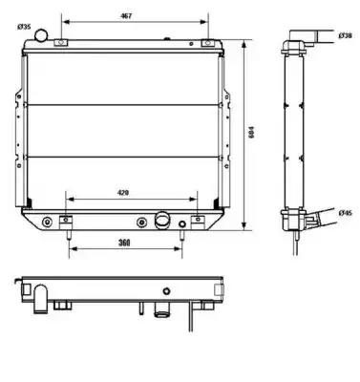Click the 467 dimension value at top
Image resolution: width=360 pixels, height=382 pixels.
[x=126, y=16]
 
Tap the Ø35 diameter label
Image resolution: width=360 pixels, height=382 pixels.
[x=24, y=27]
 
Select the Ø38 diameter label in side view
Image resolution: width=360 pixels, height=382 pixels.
[x=345, y=35]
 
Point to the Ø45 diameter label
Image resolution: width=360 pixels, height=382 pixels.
[x=345, y=213]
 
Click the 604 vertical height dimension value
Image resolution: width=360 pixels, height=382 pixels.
[x=251, y=133]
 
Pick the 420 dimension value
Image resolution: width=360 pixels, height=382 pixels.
[x=123, y=193]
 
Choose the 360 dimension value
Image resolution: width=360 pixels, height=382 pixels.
[x=124, y=243]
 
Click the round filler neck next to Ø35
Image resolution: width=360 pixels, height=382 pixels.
[x=41, y=34]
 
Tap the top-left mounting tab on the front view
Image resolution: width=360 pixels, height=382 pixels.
[x=61, y=42]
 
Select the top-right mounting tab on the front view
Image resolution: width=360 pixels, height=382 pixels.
[x=208, y=42]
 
